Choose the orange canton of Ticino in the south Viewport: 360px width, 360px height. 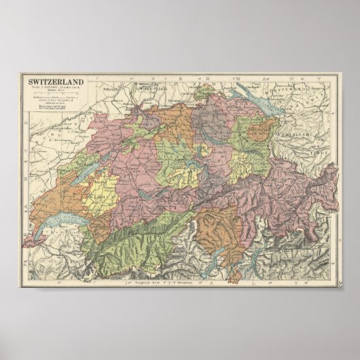click(217, 228)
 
